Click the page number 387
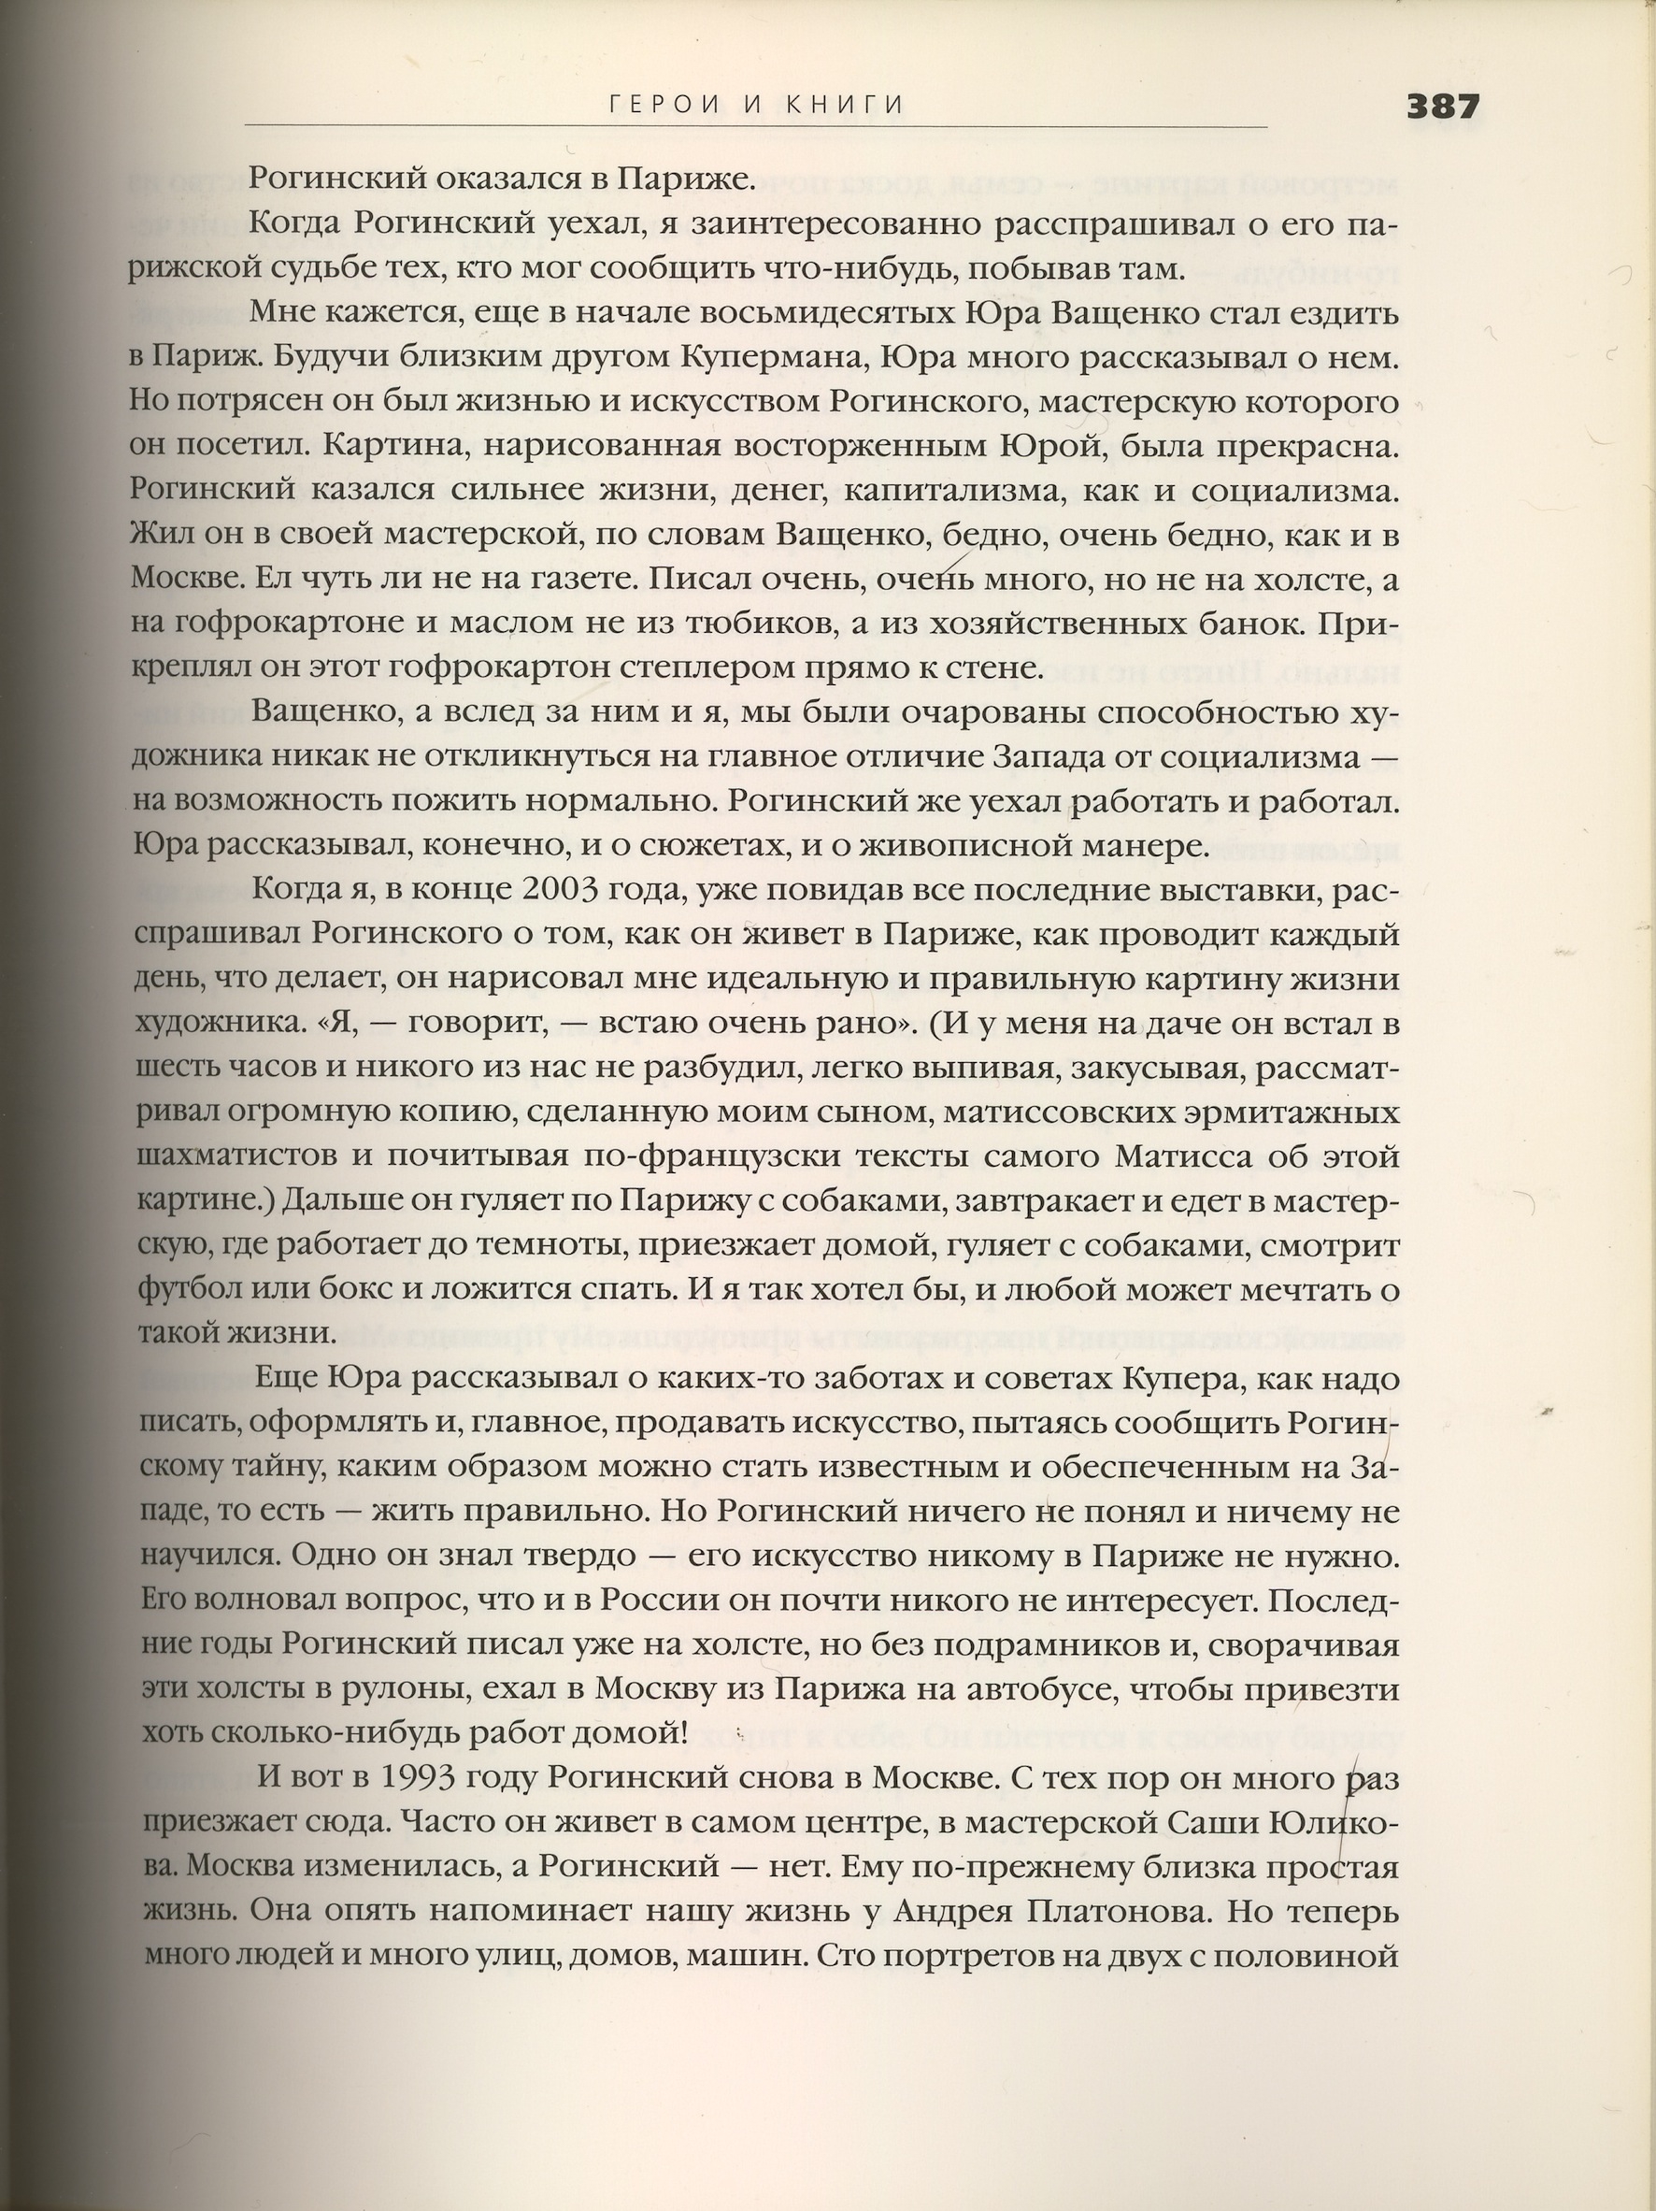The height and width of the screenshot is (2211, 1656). (x=1442, y=106)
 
